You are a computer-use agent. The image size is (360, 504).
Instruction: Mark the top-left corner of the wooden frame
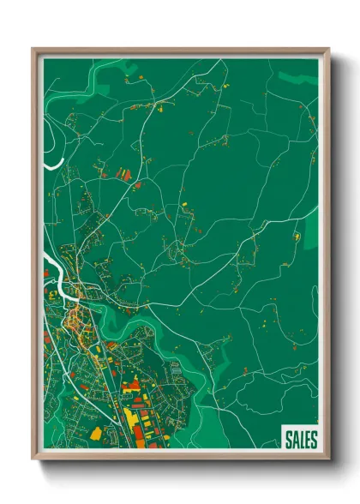click(33, 49)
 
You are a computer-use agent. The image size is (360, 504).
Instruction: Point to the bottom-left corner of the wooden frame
click(33, 460)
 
